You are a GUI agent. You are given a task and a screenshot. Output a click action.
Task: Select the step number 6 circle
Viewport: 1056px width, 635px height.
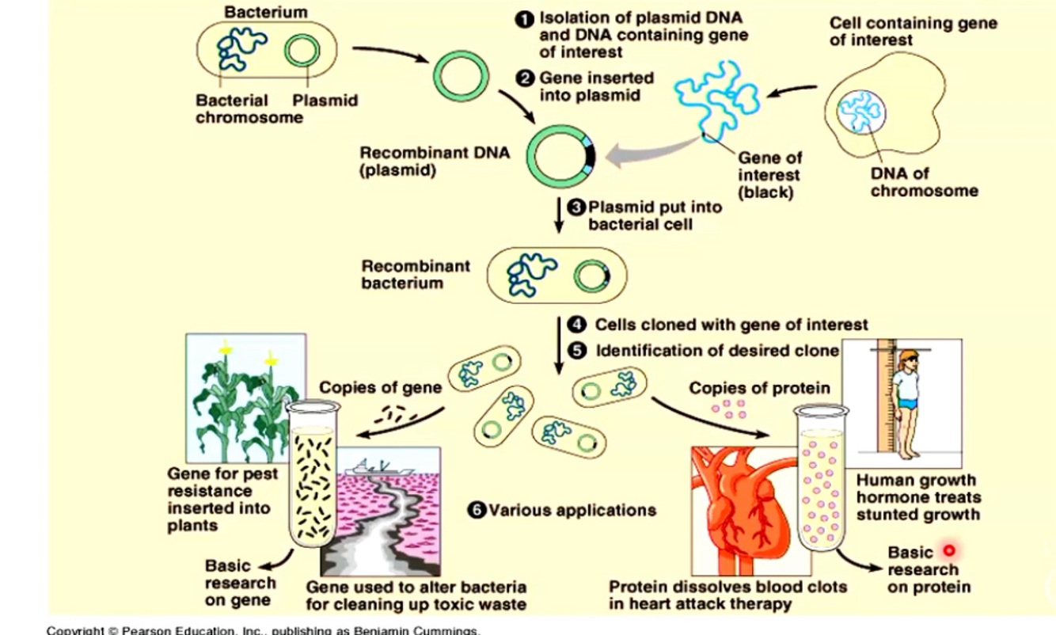coord(477,511)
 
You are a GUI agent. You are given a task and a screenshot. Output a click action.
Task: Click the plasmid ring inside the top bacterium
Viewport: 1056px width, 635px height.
coord(302,51)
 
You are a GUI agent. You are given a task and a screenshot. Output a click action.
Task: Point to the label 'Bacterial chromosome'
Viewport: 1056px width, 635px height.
coord(249,109)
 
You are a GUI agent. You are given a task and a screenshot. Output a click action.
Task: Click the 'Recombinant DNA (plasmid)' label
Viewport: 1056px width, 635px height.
coord(434,161)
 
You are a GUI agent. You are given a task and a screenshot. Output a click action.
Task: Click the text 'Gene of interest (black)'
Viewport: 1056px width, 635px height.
coord(769,175)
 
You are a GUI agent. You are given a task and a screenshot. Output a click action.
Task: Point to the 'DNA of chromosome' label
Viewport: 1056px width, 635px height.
coord(924,182)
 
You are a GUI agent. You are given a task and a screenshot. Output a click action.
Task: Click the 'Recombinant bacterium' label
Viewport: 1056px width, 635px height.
coord(416,275)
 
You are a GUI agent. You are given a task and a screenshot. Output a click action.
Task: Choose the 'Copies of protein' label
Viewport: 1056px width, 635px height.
coord(759,388)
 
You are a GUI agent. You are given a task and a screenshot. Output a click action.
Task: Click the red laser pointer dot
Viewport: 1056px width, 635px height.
coord(949,550)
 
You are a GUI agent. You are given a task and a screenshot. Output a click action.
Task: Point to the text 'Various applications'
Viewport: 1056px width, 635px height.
coord(572,511)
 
